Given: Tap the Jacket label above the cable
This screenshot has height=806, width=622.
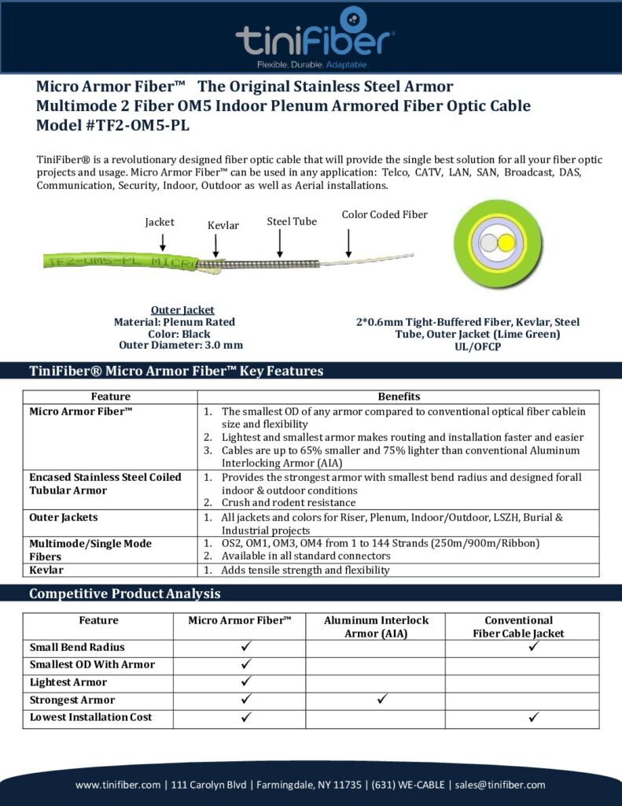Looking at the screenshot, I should pos(160,222).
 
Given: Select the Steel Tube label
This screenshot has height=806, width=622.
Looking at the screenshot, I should pos(292,221).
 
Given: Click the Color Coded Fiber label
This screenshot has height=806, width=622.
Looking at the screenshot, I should pos(385,214).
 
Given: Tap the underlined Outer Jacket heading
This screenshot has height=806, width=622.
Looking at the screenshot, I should pos(182,310).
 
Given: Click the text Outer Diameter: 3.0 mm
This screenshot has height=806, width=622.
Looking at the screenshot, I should pos(181,345).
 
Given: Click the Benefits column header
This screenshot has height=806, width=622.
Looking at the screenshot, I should pos(399,397).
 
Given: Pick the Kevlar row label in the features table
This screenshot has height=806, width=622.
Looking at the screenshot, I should pos(46,569).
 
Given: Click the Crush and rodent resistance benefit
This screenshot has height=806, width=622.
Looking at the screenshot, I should pos(289,502).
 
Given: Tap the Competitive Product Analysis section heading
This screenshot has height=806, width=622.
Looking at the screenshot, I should pos(124,593).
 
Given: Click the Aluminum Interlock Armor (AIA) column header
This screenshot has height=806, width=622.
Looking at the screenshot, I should pos(376,627).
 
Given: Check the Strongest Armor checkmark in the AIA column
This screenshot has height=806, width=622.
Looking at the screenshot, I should pos(382,699).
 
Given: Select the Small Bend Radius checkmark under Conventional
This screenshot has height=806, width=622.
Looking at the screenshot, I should pos(534,647).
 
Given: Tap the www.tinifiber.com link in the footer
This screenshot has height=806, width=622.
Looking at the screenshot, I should pos(118,785).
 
